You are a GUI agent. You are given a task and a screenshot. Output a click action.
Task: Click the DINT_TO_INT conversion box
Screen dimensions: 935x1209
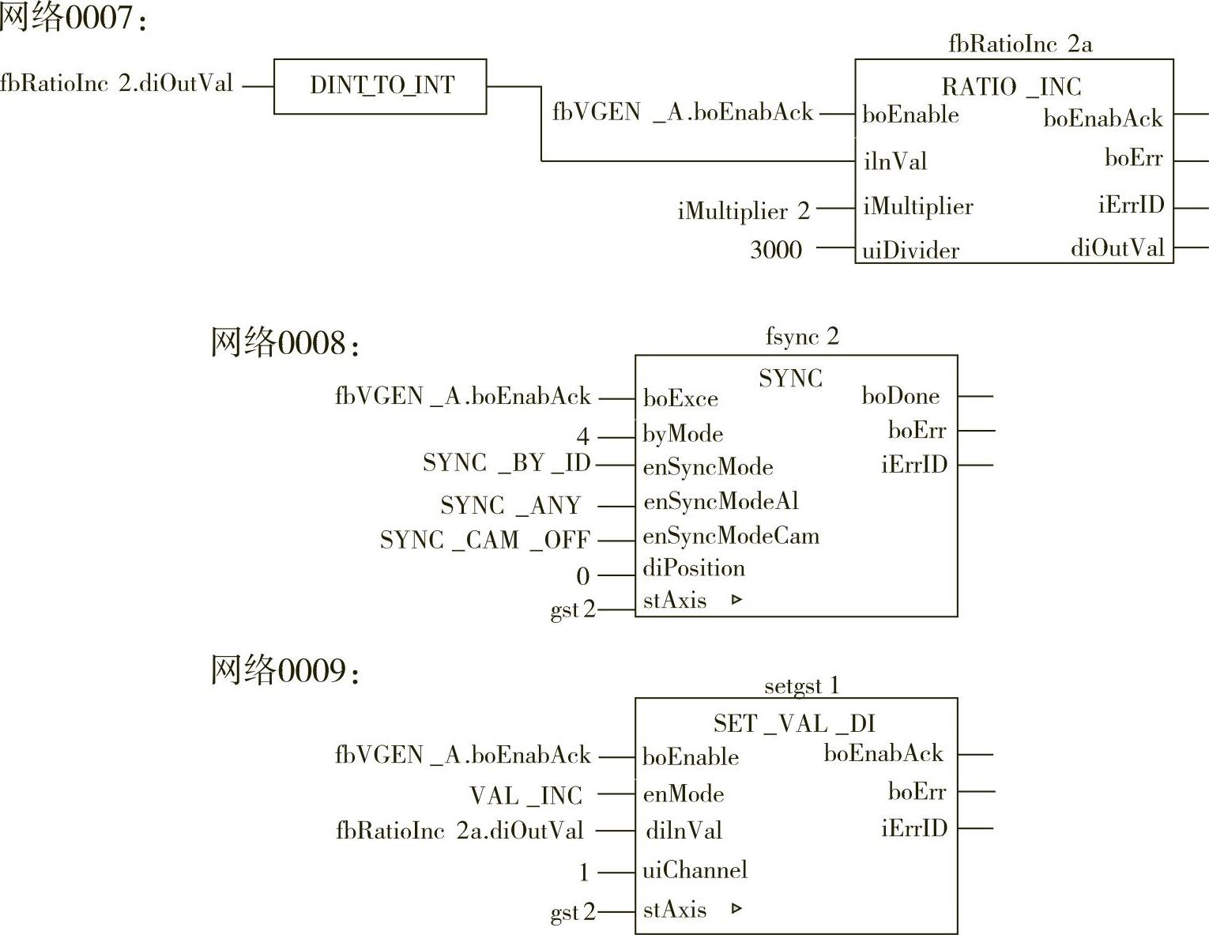(380, 86)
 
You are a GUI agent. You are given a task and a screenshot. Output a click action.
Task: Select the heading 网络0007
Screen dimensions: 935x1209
(73, 17)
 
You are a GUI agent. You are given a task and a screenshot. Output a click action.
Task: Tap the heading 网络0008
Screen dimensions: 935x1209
(284, 343)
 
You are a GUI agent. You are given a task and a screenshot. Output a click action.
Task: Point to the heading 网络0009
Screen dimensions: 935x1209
(284, 671)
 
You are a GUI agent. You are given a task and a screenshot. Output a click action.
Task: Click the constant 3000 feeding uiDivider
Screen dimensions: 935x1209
(775, 250)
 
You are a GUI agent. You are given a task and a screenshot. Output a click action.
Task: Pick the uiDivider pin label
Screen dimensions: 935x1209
(910, 251)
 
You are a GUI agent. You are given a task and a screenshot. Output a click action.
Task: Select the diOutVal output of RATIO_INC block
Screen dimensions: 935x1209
(1117, 248)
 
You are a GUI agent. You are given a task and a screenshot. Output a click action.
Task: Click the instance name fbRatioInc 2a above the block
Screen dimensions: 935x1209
(1019, 44)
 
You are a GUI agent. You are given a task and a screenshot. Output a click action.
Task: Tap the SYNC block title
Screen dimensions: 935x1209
(790, 379)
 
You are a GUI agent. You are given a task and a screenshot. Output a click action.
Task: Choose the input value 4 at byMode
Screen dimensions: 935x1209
(582, 435)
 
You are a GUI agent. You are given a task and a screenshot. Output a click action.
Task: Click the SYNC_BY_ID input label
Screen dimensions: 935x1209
(507, 462)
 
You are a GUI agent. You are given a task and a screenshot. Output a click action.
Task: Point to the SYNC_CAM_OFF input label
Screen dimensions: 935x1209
(484, 540)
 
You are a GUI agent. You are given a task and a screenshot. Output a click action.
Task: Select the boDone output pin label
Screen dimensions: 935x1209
(900, 396)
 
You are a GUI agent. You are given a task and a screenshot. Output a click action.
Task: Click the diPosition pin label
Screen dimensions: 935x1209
(694, 568)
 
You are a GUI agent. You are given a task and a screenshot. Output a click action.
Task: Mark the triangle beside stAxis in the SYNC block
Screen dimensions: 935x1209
(736, 600)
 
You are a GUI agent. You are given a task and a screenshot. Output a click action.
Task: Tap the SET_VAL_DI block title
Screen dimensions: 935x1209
(793, 723)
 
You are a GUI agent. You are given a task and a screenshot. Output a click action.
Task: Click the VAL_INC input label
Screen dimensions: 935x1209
(525, 795)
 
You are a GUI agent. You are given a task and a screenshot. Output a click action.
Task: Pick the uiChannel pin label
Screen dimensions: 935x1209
(695, 870)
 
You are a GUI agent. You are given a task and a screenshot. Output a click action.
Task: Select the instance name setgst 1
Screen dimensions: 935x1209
(800, 685)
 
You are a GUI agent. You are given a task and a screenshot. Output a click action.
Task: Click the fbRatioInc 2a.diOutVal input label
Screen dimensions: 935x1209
(459, 831)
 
